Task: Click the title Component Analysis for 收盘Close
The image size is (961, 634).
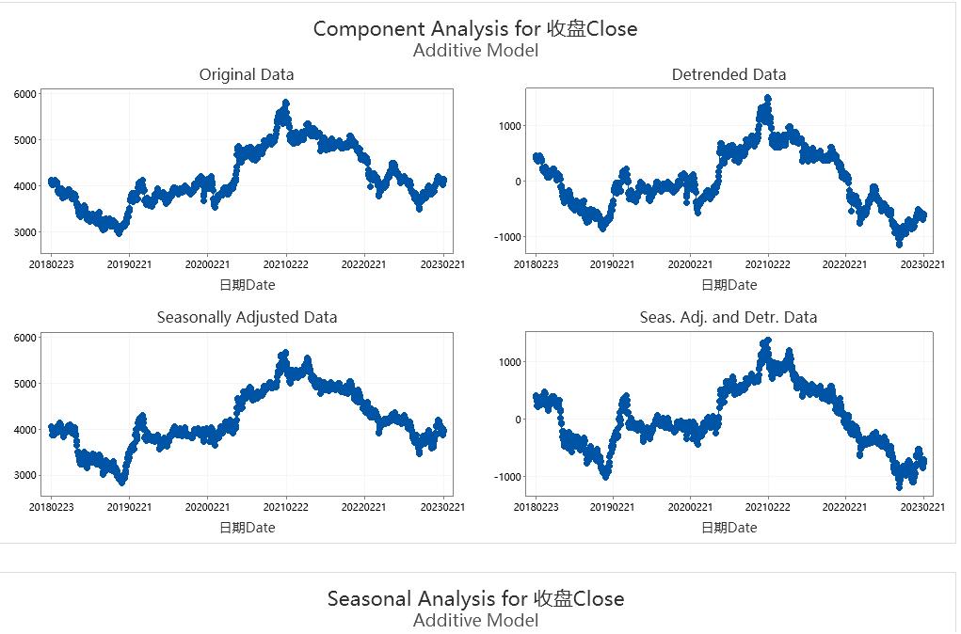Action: pos(474,28)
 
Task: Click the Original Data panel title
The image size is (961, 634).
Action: pos(247,74)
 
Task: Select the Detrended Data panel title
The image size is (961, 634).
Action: pos(729,74)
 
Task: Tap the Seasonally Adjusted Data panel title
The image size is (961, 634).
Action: pos(247,317)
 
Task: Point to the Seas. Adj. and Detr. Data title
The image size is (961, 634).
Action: pos(729,317)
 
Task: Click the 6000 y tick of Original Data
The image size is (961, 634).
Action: pos(25,94)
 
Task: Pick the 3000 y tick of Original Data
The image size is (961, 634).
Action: pos(25,232)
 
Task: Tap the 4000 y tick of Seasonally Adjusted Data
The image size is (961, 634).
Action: pos(25,430)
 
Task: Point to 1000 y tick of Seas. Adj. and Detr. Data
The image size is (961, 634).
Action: pos(509,362)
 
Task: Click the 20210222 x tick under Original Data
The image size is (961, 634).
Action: pos(286,264)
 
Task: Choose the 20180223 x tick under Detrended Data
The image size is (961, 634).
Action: pos(536,264)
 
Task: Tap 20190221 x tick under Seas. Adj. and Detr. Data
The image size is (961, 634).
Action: pos(614,508)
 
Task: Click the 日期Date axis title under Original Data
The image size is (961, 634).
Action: pos(247,285)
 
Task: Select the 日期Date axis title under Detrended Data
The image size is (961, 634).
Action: pos(729,285)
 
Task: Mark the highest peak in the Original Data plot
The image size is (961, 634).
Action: pos(285,102)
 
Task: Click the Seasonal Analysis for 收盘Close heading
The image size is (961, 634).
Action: pos(474,598)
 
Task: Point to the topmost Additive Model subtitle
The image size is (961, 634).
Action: pos(475,51)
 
